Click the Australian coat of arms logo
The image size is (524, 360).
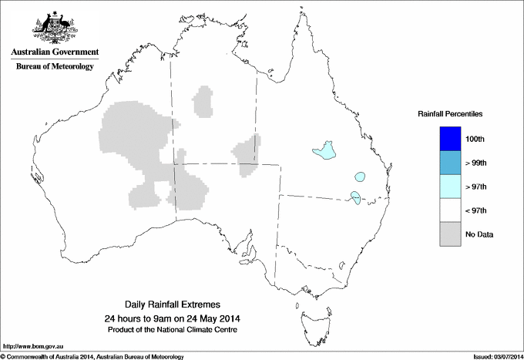pyautogui.click(x=53, y=25)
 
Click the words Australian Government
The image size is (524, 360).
pyautogui.click(x=54, y=52)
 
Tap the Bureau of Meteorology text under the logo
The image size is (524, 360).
pyautogui.click(x=54, y=67)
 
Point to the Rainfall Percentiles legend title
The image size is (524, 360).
pyautogui.click(x=450, y=114)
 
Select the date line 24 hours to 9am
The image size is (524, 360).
pyautogui.click(x=173, y=318)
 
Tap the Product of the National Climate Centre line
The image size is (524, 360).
pyautogui.click(x=173, y=329)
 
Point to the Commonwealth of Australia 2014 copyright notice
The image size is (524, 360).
pyautogui.click(x=92, y=356)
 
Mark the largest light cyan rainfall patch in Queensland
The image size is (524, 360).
pyautogui.click(x=324, y=150)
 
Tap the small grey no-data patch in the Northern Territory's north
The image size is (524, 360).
pyautogui.click(x=203, y=101)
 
